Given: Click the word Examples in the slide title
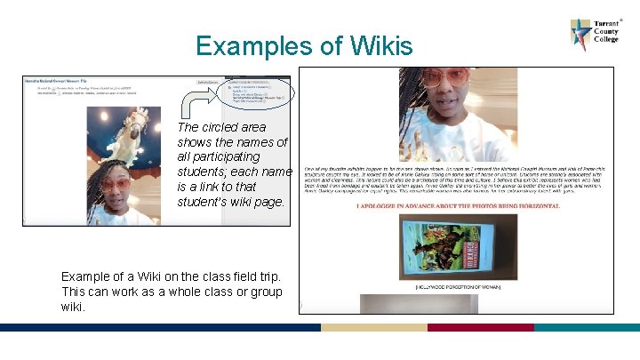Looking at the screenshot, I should pyautogui.click(x=254, y=45).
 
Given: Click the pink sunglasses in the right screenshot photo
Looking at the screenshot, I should pyautogui.click(x=444, y=77).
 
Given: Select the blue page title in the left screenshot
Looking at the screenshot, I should pyautogui.click(x=62, y=81).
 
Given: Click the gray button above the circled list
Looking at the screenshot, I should pyautogui.click(x=207, y=82).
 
